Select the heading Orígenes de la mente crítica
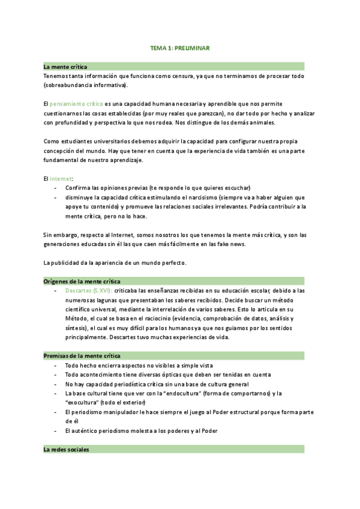pyautogui.click(x=82, y=281)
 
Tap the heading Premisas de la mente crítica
pyautogui.click(x=82, y=356)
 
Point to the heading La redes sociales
pyautogui.click(x=66, y=449)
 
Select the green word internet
pyautogui.click(x=60, y=178)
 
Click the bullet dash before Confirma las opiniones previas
pyautogui.click(x=55, y=188)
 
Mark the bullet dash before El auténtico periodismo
pyautogui.click(x=55, y=430)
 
